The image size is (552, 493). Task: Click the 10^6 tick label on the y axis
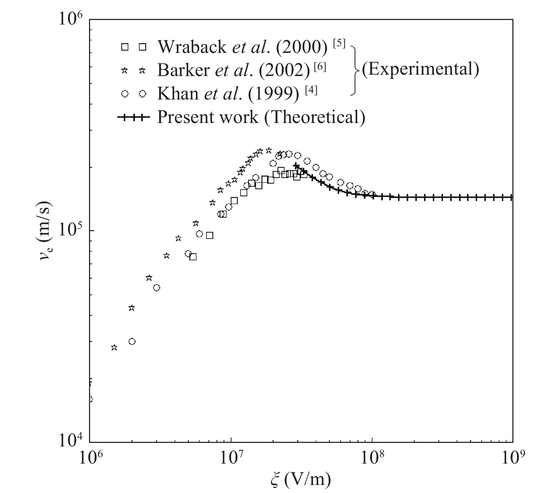72,20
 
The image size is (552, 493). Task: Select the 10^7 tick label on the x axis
231,458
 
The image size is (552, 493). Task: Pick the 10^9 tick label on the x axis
512,458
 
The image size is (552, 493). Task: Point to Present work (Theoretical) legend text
261,117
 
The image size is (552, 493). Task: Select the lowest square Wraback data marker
193,257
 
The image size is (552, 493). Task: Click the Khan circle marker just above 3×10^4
132,341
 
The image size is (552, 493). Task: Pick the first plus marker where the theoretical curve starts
297,166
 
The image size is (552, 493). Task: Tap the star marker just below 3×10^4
114,348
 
